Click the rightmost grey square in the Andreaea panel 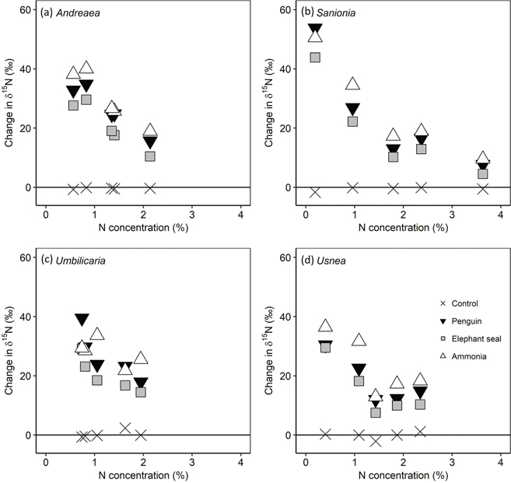click(x=150, y=156)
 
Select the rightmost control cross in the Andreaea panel click(x=150, y=188)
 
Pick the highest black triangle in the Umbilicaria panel click(x=82, y=320)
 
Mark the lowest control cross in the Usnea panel click(x=376, y=441)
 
